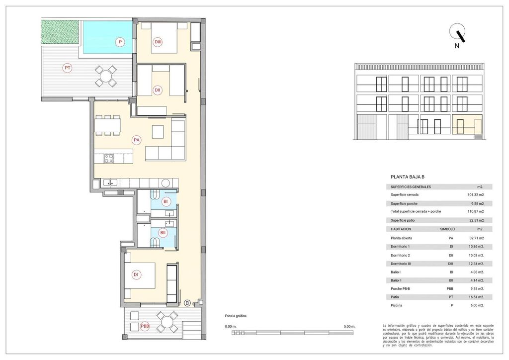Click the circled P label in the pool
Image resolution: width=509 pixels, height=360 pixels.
(x=120, y=42)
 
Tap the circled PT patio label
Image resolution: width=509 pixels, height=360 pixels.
(x=67, y=68)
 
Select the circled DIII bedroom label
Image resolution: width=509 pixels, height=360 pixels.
(x=158, y=42)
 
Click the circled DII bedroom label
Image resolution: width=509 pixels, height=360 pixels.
(x=157, y=90)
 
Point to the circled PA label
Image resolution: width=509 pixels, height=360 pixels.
(x=136, y=140)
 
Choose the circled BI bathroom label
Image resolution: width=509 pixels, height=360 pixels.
(x=166, y=201)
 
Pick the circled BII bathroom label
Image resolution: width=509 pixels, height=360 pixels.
(x=163, y=233)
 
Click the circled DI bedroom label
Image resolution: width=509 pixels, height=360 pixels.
(x=135, y=274)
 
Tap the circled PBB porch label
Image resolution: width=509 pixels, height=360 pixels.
(x=145, y=326)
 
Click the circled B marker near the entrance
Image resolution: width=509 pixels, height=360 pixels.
(x=187, y=303)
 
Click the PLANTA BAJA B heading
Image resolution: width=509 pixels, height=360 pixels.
(x=408, y=177)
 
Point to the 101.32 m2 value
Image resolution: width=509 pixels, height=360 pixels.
(x=476, y=195)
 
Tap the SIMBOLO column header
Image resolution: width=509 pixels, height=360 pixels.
(x=448, y=229)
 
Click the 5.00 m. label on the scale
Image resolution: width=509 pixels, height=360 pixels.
(x=350, y=326)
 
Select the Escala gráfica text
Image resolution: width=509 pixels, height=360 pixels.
(x=235, y=316)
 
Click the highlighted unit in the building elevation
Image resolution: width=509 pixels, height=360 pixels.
(x=467, y=125)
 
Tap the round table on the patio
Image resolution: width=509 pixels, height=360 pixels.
(x=105, y=76)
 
